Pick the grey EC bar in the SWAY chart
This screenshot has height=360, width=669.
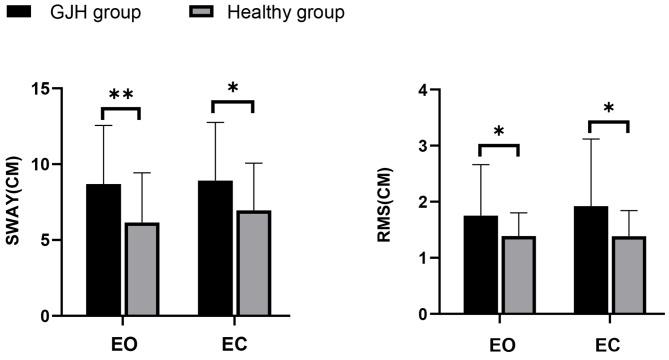pos(253,263)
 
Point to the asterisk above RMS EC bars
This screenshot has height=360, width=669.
pos(608,109)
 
